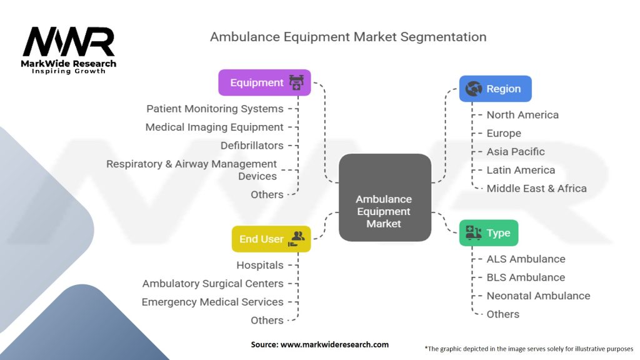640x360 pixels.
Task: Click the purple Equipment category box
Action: pos(264,82)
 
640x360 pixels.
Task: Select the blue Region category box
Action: pos(496,89)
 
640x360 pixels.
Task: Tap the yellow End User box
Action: pos(271,239)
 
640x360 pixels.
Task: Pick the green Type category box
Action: pos(489,232)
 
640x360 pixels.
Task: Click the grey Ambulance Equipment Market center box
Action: pos(385,197)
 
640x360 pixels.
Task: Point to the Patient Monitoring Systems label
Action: pos(215,109)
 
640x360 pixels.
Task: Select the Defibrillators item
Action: pos(252,146)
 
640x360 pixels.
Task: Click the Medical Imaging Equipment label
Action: pos(214,127)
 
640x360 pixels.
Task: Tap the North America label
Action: pos(522,115)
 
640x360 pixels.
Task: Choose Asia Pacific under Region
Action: pos(516,152)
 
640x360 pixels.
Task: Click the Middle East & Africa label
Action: pos(536,189)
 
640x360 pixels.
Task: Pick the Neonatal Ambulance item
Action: pos(538,296)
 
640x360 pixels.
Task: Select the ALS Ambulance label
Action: pos(526,259)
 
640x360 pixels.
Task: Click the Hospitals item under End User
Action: pos(260,265)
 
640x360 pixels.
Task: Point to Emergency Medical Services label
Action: pos(212,302)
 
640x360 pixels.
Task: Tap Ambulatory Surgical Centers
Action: pos(212,284)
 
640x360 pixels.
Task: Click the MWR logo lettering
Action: pos(69,42)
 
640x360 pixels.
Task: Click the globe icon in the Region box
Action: pos(474,89)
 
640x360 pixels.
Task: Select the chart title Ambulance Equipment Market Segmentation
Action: pos(348,37)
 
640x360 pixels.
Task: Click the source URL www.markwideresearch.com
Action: pos(334,344)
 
